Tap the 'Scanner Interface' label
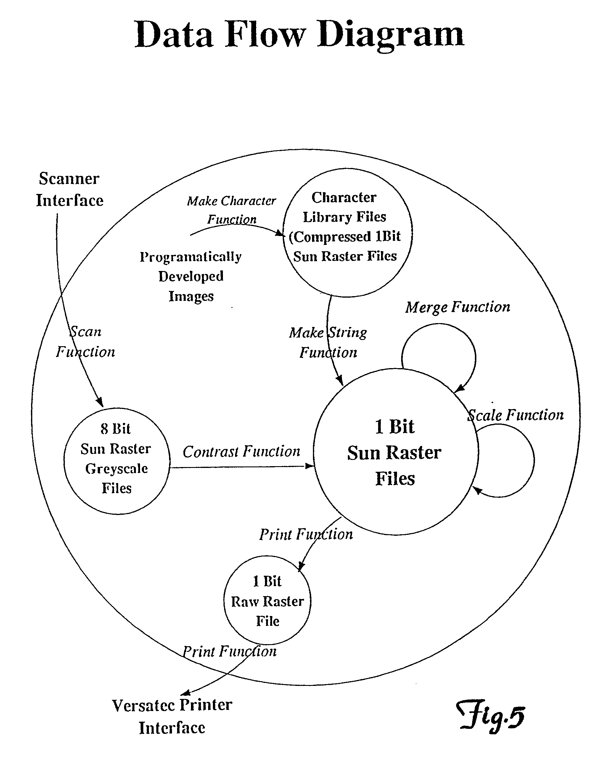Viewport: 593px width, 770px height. [69, 189]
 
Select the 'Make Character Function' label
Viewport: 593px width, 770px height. [232, 210]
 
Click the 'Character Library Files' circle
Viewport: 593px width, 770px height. [347, 232]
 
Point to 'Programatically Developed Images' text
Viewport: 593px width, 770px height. [191, 276]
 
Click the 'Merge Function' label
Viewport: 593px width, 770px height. [457, 307]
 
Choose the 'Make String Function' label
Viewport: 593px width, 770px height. [328, 342]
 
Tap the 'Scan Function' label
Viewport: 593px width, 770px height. [86, 341]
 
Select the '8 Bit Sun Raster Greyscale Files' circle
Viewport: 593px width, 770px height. [117, 461]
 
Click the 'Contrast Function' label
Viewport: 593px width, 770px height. [241, 452]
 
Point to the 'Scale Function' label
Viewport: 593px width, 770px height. [515, 415]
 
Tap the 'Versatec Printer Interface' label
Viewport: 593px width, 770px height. [172, 717]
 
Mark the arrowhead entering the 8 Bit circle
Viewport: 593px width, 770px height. [100, 402]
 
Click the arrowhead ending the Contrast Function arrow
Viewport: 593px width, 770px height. [309, 466]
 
